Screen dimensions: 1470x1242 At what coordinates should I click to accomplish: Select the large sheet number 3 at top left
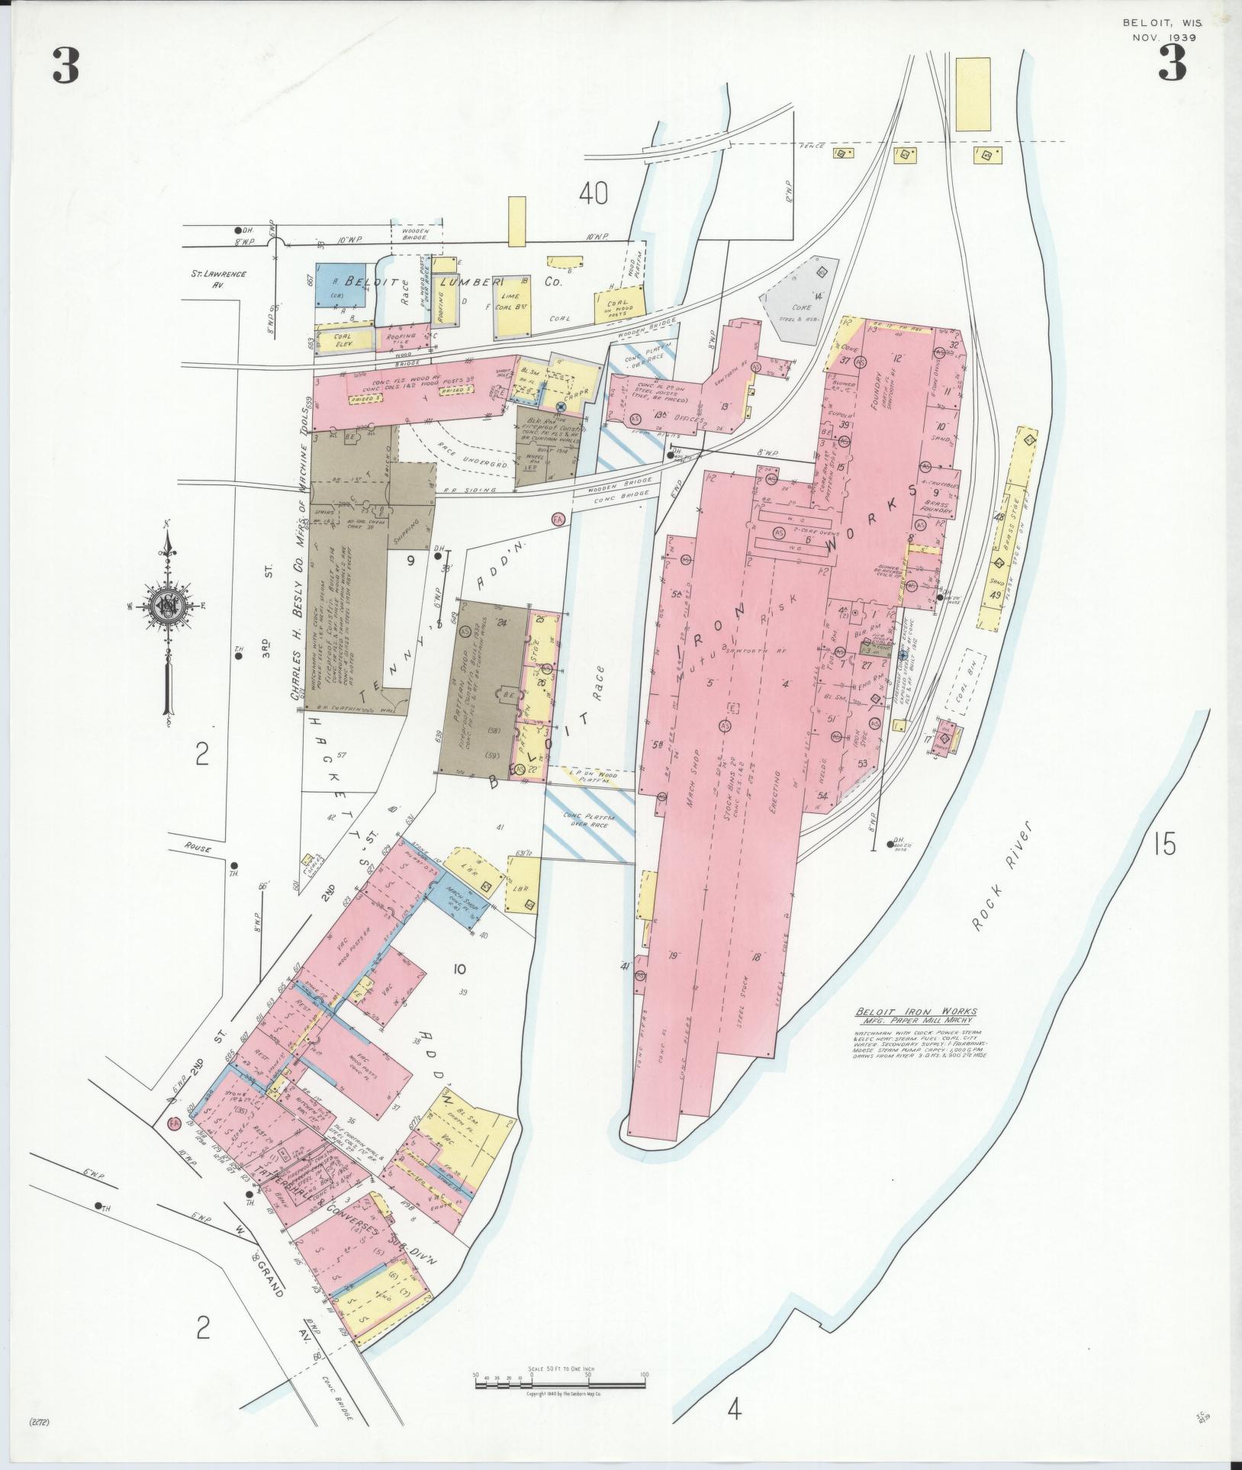click(x=66, y=66)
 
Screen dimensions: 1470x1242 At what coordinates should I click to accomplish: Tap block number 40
click(x=593, y=195)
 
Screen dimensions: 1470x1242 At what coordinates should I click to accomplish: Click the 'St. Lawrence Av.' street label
click(x=218, y=278)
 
